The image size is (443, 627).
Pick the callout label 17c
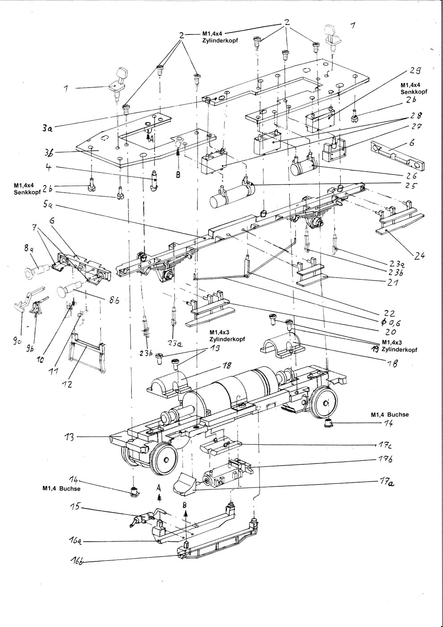coord(381,445)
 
